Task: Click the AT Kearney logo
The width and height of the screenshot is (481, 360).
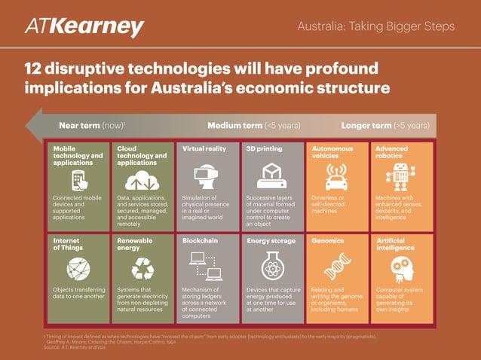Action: coord(84,28)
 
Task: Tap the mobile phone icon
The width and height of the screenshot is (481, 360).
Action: coord(78,179)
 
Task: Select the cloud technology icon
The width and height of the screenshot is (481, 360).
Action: coord(141,180)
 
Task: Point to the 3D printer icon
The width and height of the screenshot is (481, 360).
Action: coord(270,178)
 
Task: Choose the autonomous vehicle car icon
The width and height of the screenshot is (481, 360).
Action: coord(335,178)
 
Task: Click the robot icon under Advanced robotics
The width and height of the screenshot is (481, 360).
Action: coord(400,178)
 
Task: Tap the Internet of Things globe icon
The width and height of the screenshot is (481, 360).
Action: coord(78,267)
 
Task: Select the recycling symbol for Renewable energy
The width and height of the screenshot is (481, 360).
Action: coord(142,267)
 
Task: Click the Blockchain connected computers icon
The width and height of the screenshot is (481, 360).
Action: coord(206,265)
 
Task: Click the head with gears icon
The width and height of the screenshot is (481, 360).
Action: coord(400,267)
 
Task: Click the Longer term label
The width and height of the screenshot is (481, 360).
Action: coord(385,125)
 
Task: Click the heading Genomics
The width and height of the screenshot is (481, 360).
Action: coord(328,241)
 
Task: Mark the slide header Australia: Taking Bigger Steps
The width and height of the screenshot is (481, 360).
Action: coord(376,27)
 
